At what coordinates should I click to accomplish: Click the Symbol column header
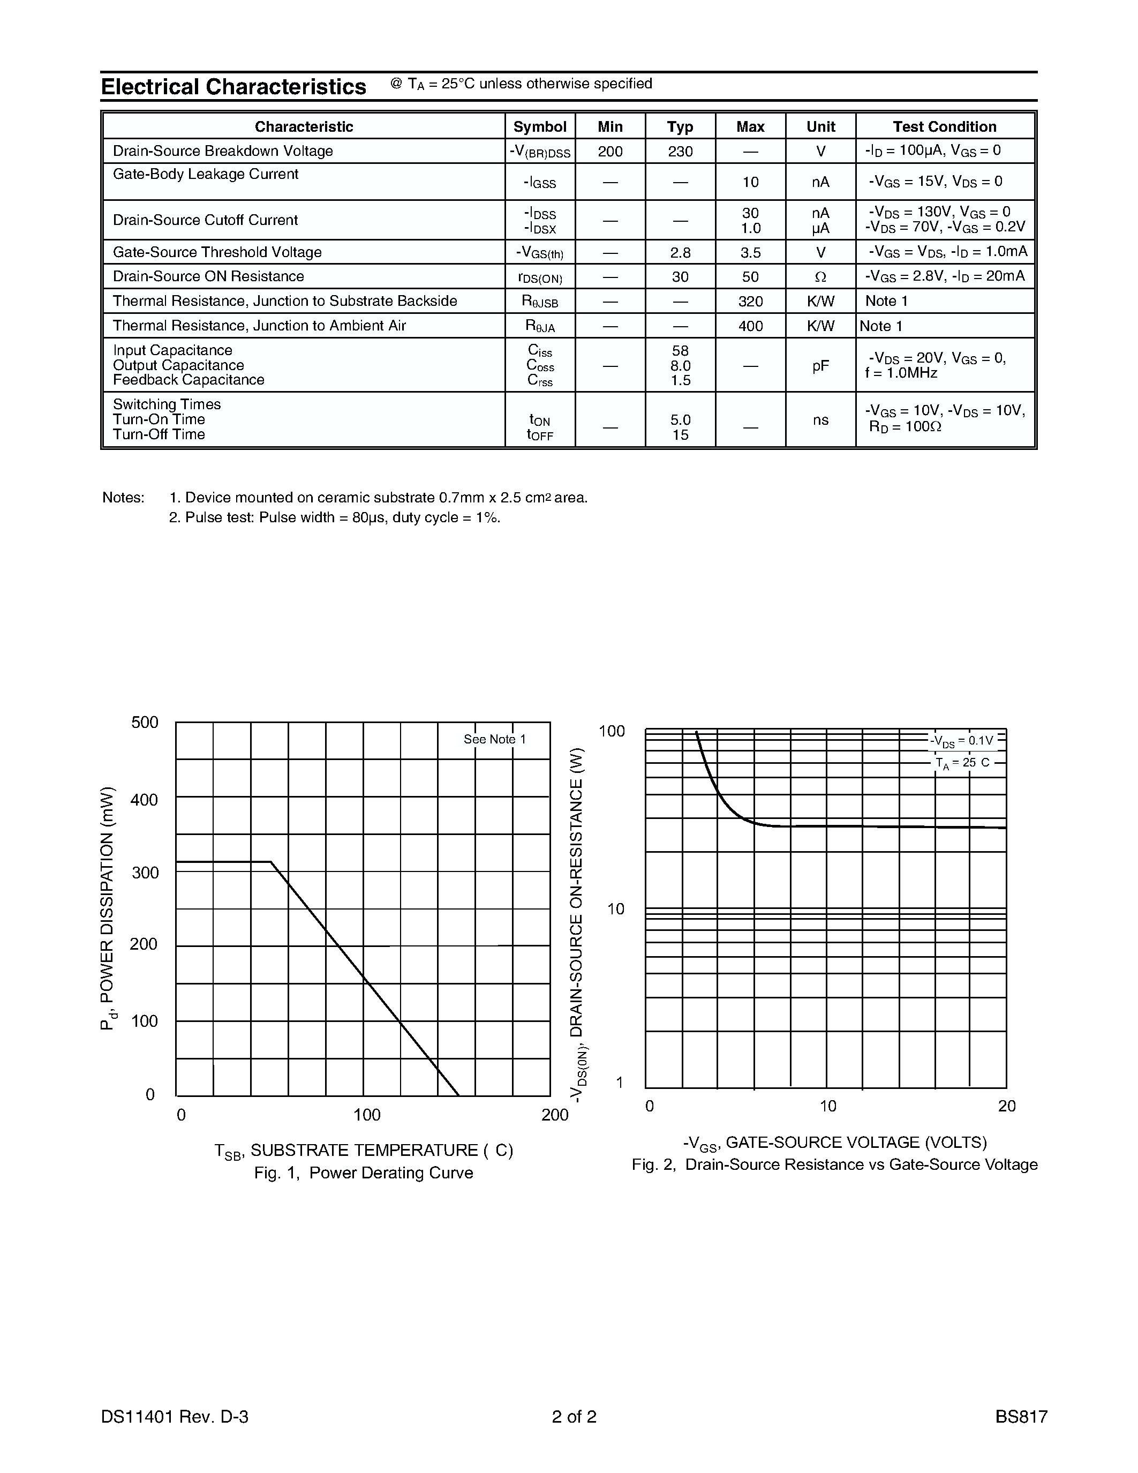(x=539, y=127)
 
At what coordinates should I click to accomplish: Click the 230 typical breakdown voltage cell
(x=680, y=151)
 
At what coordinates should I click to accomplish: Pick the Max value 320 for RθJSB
(x=750, y=302)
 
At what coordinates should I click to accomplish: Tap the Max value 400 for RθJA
(x=750, y=326)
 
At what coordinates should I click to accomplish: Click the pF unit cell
(x=820, y=365)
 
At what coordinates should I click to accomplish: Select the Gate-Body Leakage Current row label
(x=205, y=174)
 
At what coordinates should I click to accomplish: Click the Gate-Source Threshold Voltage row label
(x=216, y=252)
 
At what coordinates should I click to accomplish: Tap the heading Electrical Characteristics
(x=233, y=87)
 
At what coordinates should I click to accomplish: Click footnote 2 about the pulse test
(x=334, y=518)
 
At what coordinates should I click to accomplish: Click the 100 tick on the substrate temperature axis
(x=366, y=1115)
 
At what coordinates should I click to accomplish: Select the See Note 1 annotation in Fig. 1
(x=494, y=739)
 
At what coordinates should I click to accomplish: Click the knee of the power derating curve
(x=271, y=861)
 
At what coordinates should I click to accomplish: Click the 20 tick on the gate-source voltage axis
(x=1006, y=1106)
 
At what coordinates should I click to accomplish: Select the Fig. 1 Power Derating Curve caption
(x=364, y=1173)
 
